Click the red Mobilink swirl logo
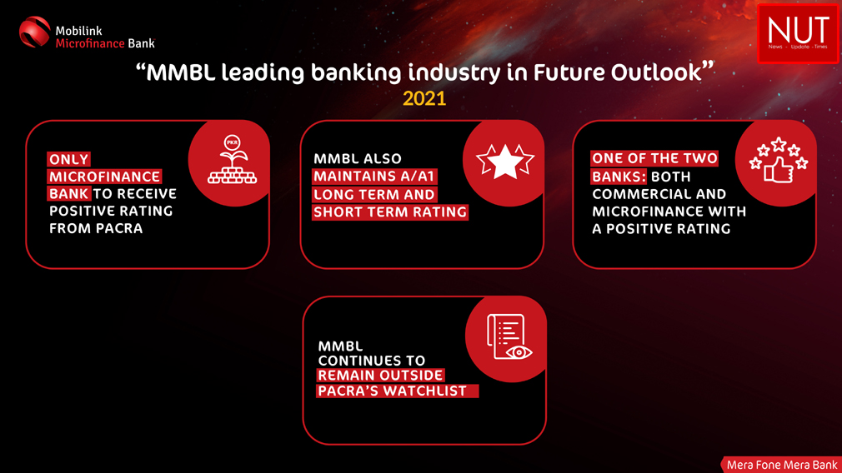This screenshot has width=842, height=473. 34,32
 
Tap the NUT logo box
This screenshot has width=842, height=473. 798,33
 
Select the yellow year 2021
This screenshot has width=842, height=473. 424,98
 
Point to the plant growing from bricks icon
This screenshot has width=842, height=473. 232,159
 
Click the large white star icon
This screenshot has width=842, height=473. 504,161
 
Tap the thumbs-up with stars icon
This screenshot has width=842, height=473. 779,161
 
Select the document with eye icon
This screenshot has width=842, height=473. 509,336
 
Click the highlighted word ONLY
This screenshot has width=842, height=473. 68,159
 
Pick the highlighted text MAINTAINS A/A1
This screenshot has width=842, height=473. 374,177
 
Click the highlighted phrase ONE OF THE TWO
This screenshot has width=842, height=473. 654,158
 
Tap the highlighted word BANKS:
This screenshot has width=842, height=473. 619,177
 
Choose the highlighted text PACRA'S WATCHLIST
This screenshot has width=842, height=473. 397,391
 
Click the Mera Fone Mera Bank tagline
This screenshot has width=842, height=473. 782,465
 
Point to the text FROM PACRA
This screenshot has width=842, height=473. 96,228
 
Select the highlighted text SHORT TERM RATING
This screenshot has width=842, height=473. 390,212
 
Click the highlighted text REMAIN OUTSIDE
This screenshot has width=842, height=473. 381,375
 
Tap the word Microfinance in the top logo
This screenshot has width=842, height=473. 90,43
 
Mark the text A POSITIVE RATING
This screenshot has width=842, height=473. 661,229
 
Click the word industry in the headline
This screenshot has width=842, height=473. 454,73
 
